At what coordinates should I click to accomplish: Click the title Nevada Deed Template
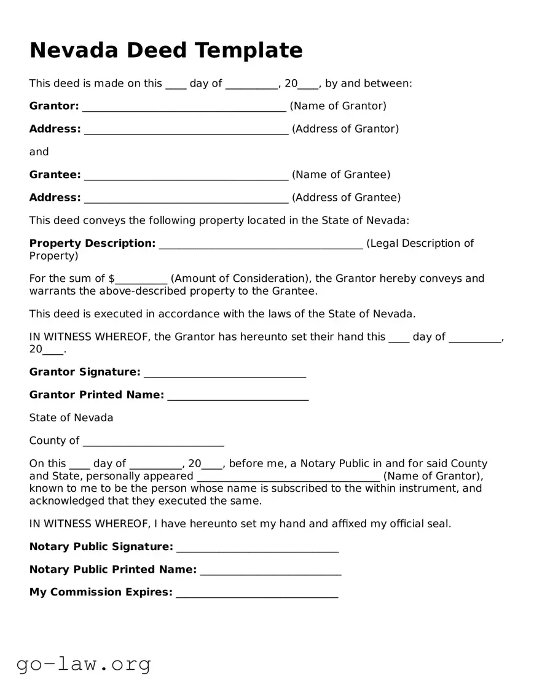(x=166, y=50)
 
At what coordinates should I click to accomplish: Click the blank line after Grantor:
(x=184, y=108)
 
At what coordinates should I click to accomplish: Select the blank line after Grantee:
(x=186, y=177)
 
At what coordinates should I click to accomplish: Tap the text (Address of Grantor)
(x=345, y=129)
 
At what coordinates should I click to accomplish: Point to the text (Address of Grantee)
(x=346, y=198)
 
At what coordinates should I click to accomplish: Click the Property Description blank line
(x=261, y=246)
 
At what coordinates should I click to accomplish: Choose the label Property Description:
(x=92, y=244)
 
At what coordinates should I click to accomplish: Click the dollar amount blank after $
(x=141, y=281)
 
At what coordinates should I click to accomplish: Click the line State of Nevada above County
(x=71, y=418)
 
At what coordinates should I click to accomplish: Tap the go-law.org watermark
(x=84, y=664)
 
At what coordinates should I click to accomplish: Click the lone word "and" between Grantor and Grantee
(x=39, y=152)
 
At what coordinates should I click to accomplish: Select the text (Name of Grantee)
(x=341, y=175)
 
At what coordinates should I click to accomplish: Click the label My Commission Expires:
(x=101, y=592)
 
